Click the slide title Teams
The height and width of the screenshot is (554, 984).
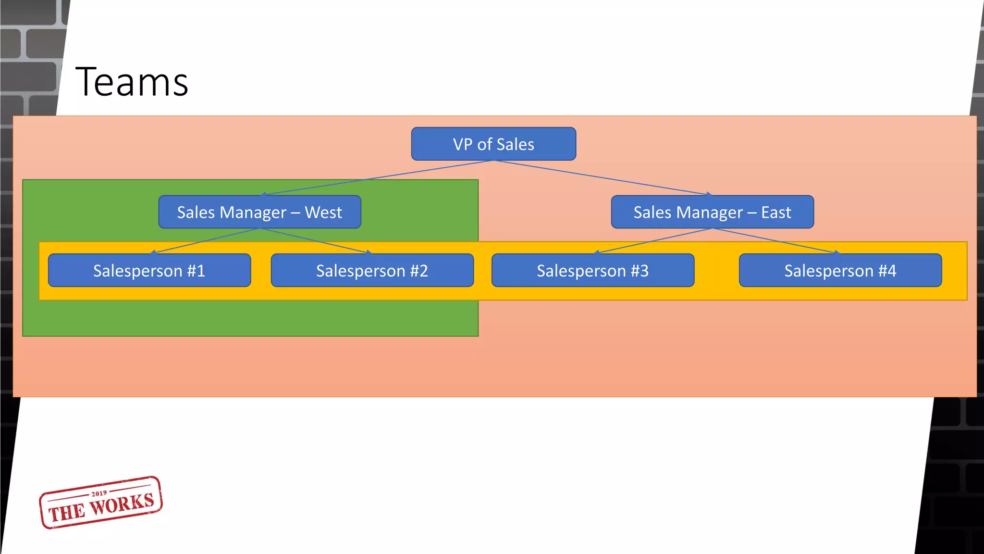[x=132, y=82]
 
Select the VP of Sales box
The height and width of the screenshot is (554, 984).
[x=493, y=144]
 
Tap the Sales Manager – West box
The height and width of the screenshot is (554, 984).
[x=259, y=212]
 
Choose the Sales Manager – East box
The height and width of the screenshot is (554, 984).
[x=712, y=212]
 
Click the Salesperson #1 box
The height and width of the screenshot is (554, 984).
[x=149, y=271]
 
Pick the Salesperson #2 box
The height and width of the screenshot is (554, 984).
[x=372, y=271]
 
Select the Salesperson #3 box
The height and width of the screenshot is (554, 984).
[x=592, y=271]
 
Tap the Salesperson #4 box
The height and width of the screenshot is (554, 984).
[x=840, y=271]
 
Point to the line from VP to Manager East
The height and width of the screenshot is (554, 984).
[x=603, y=177]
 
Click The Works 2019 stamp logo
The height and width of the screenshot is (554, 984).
[x=101, y=503]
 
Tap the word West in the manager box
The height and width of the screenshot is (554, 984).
[x=323, y=212]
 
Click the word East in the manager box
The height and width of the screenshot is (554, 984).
[x=776, y=212]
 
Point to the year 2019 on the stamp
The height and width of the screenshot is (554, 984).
[x=99, y=493]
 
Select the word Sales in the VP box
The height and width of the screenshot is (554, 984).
[x=515, y=144]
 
